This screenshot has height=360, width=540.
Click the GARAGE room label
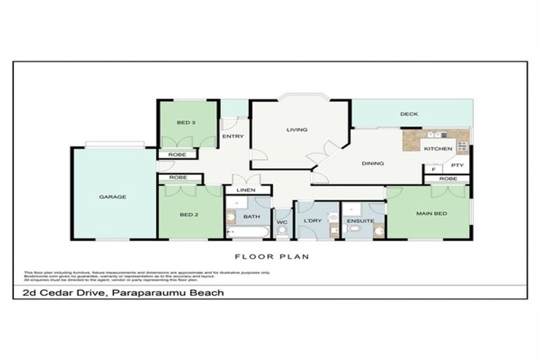(x=112, y=197)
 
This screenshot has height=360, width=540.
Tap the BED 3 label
(x=186, y=123)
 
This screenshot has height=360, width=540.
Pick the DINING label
(x=373, y=164)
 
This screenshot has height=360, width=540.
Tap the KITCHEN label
(x=437, y=149)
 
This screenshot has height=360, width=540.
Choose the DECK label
(x=409, y=114)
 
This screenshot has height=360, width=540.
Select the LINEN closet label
(x=245, y=191)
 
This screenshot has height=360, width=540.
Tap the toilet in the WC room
(x=282, y=230)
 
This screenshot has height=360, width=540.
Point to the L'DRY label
(x=313, y=222)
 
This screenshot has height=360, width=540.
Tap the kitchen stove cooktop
(x=463, y=146)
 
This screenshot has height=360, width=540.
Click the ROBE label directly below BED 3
(x=178, y=155)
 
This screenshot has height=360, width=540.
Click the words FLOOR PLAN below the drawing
(x=271, y=257)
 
